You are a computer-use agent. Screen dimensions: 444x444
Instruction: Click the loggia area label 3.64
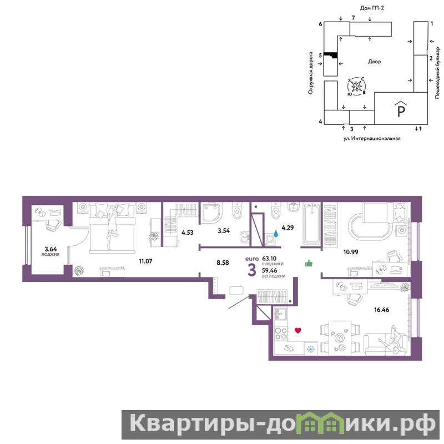(x=51, y=249)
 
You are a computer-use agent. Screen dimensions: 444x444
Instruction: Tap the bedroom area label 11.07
(x=145, y=261)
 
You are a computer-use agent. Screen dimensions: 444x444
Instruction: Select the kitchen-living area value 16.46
(x=381, y=310)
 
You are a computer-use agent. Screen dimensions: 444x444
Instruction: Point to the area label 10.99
(x=351, y=252)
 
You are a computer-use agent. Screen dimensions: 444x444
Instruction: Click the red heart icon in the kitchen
(x=297, y=330)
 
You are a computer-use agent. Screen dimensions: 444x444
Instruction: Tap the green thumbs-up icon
(x=309, y=263)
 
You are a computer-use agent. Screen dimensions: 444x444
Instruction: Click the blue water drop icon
(x=275, y=233)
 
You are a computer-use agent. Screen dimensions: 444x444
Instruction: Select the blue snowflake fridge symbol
(x=311, y=349)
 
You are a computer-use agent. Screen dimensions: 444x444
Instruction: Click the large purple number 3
(x=252, y=270)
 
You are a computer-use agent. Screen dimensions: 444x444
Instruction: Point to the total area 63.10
(x=269, y=259)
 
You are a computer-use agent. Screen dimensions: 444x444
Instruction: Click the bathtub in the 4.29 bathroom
(x=312, y=224)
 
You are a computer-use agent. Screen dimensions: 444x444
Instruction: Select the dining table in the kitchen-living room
(x=340, y=338)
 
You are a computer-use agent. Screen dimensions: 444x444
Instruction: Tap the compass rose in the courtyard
(x=356, y=85)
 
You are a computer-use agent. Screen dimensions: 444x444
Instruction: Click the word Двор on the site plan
(x=374, y=62)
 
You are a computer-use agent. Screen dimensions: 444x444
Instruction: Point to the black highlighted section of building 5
(x=330, y=55)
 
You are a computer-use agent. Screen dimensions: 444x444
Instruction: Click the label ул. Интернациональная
(x=372, y=138)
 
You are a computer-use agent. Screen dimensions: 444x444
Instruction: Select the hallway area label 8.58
(x=223, y=263)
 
